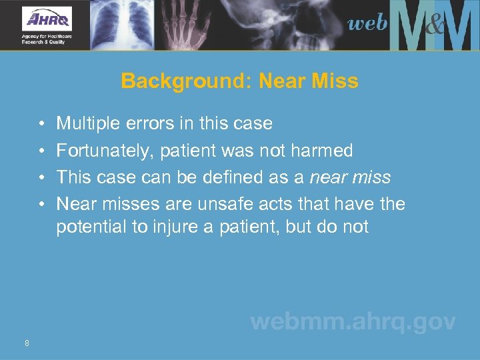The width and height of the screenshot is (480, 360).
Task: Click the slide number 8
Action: tap(26, 343)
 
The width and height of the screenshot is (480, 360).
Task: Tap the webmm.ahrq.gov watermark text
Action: tap(353, 323)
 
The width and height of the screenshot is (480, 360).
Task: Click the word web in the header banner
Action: tap(367, 24)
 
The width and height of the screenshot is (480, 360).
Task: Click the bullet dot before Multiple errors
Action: tap(41, 124)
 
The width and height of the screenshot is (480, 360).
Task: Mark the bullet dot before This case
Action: tap(41, 178)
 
